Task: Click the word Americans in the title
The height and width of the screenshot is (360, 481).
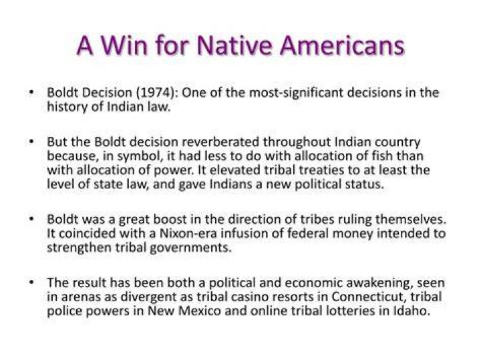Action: (342, 45)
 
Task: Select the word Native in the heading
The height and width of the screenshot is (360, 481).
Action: (234, 45)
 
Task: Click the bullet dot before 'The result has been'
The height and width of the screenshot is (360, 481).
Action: (31, 282)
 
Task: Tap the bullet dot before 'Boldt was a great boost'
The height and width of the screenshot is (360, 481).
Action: (31, 218)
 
